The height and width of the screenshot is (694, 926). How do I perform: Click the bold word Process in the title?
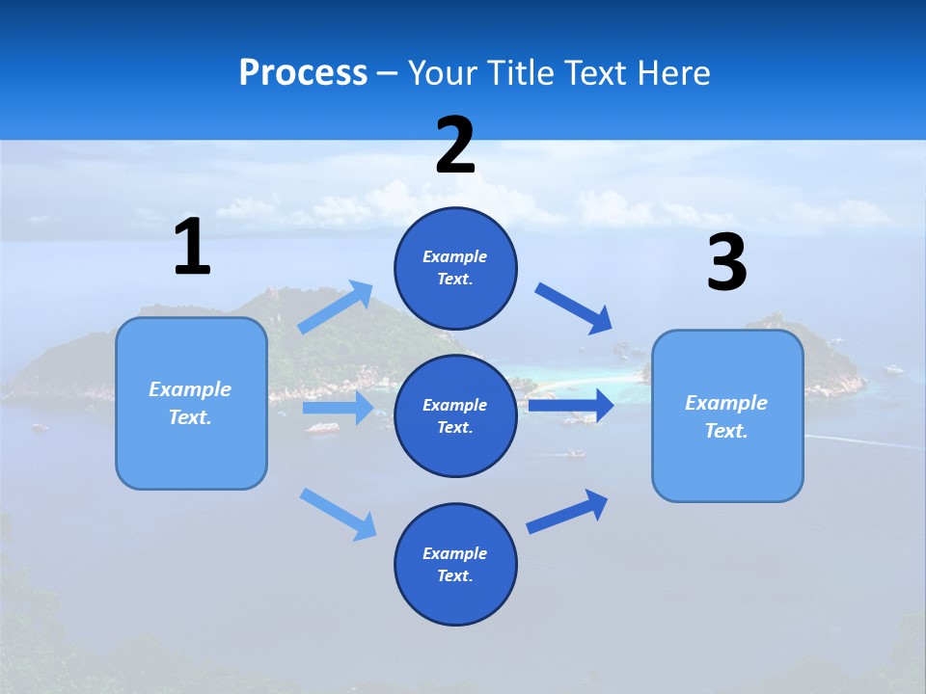tap(303, 73)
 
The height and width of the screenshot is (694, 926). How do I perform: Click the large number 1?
tap(192, 248)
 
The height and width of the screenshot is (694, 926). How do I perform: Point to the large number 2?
tap(455, 146)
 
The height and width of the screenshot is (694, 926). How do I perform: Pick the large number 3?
tap(726, 263)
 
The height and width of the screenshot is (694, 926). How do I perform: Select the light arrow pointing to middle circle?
tap(338, 408)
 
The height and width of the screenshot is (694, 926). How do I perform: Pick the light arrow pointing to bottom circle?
tap(339, 514)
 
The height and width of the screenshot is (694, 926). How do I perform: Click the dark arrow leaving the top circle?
tap(574, 308)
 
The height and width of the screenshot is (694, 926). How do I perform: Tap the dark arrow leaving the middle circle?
tap(571, 405)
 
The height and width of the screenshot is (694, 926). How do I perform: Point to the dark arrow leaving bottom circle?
tap(567, 511)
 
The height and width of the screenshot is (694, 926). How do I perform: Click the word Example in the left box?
tap(190, 389)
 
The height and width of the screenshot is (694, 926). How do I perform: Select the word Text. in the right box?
tap(726, 431)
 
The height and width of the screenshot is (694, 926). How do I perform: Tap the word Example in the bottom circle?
tap(455, 553)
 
